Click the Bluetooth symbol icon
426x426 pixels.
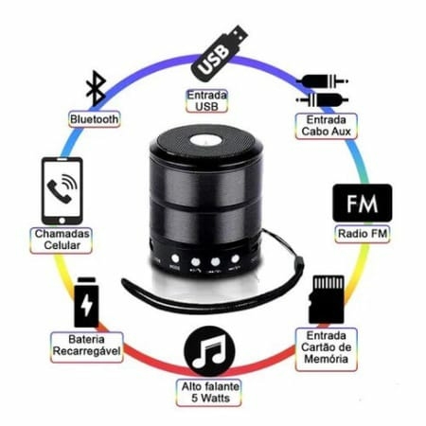click(96, 88)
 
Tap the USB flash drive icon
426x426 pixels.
click(220, 54)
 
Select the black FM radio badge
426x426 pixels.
click(363, 203)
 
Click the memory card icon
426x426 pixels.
click(327, 299)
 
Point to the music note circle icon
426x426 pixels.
click(209, 351)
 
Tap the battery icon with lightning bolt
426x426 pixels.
click(86, 302)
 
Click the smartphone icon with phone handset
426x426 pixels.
click(62, 191)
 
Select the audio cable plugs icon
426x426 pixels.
click(322, 91)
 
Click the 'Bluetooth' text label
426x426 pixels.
click(95, 119)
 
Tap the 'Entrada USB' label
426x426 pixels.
click(207, 101)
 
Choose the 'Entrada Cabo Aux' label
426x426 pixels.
click(327, 126)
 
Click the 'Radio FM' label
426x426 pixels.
click(363, 234)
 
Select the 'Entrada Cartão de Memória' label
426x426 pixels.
click(327, 347)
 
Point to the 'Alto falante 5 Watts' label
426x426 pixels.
click(210, 393)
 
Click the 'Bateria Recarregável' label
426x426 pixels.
click(86, 346)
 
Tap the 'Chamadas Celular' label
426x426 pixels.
click(62, 240)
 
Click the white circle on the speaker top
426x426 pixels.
click(206, 140)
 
